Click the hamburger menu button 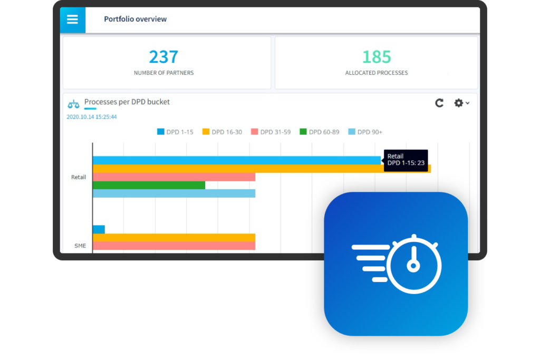72,20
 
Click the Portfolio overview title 135,19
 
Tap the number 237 163,56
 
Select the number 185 377,56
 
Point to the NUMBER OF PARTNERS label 163,73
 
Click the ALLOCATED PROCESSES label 377,73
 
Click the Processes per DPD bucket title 127,102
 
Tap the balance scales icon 73,103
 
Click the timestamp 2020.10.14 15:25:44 92,117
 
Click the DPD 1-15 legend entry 175,132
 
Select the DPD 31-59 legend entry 271,132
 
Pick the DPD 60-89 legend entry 319,132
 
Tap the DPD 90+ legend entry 365,132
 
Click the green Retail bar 149,185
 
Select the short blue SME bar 99,229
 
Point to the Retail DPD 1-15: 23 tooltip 406,160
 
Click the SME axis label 80,246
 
